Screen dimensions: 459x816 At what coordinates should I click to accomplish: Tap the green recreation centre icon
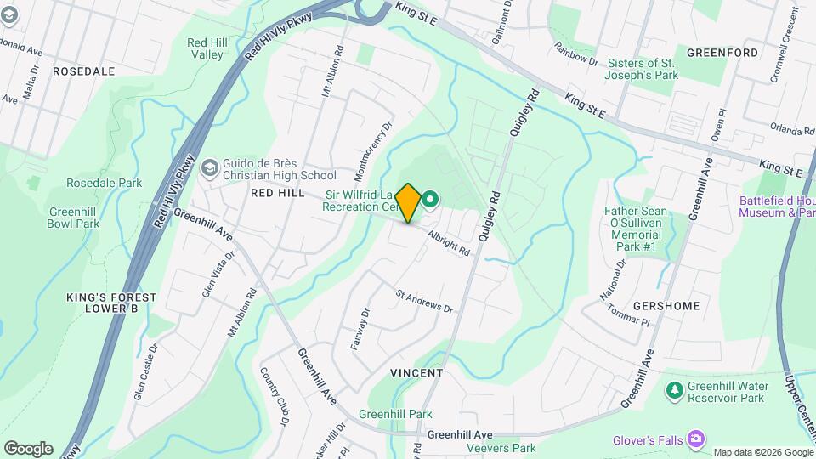coord(430,201)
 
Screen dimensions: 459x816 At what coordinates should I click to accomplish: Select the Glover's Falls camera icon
coord(697,439)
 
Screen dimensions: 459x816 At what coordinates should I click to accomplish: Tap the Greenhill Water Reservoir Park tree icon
coord(674,390)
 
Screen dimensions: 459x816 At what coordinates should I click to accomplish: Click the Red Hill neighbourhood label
coord(277,193)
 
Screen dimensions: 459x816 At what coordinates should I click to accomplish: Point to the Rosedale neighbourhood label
coord(83,71)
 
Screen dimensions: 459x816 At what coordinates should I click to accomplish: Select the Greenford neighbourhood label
coord(722,53)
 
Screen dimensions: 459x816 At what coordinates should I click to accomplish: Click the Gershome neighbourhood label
coord(666,306)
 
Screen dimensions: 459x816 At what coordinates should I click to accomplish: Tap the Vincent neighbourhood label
coord(416,373)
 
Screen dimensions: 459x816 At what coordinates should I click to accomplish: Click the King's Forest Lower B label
coord(112,303)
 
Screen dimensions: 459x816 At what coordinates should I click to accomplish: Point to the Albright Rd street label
coord(449,243)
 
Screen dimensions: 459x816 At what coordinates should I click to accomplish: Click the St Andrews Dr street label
coord(424,303)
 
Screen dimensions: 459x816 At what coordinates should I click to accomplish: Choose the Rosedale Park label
coord(104,183)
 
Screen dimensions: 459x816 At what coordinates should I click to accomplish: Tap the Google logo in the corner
coord(27,448)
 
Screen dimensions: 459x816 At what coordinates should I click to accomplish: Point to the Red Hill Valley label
coord(205,48)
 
